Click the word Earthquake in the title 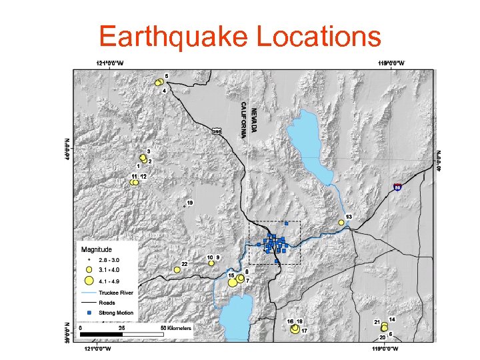tap(173, 37)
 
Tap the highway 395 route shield tap(217, 131)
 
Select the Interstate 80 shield tap(397, 189)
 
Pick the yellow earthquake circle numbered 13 tap(341, 223)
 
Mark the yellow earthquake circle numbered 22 tap(177, 270)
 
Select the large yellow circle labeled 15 tap(233, 282)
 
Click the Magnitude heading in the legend tap(96, 249)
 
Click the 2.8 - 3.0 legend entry tap(109, 259)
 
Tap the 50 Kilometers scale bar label tap(177, 328)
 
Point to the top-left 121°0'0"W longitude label tap(110, 63)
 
